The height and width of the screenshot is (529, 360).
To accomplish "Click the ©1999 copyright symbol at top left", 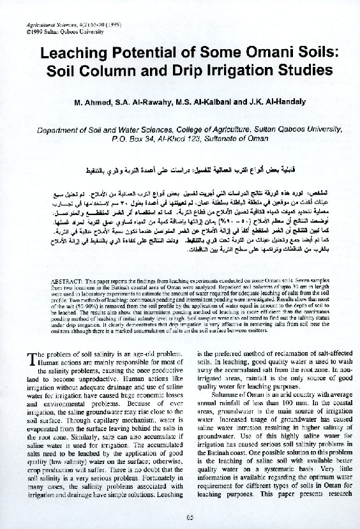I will coord(14,29).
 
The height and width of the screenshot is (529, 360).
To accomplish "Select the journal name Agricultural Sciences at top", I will coord(39,23).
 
